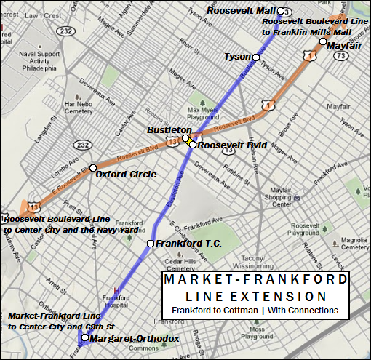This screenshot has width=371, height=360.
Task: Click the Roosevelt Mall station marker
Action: pos(279,11)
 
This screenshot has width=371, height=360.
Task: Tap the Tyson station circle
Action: pos(256,56)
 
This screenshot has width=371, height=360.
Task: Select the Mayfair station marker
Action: pos(322,41)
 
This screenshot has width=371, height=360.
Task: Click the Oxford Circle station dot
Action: pos(93,168)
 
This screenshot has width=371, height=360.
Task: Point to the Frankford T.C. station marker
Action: pos(151,244)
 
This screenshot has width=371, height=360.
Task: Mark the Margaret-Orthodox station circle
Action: pos(85,337)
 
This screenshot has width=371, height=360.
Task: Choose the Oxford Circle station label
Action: pos(126,175)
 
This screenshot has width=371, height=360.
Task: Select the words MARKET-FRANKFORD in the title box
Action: pos(255,281)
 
